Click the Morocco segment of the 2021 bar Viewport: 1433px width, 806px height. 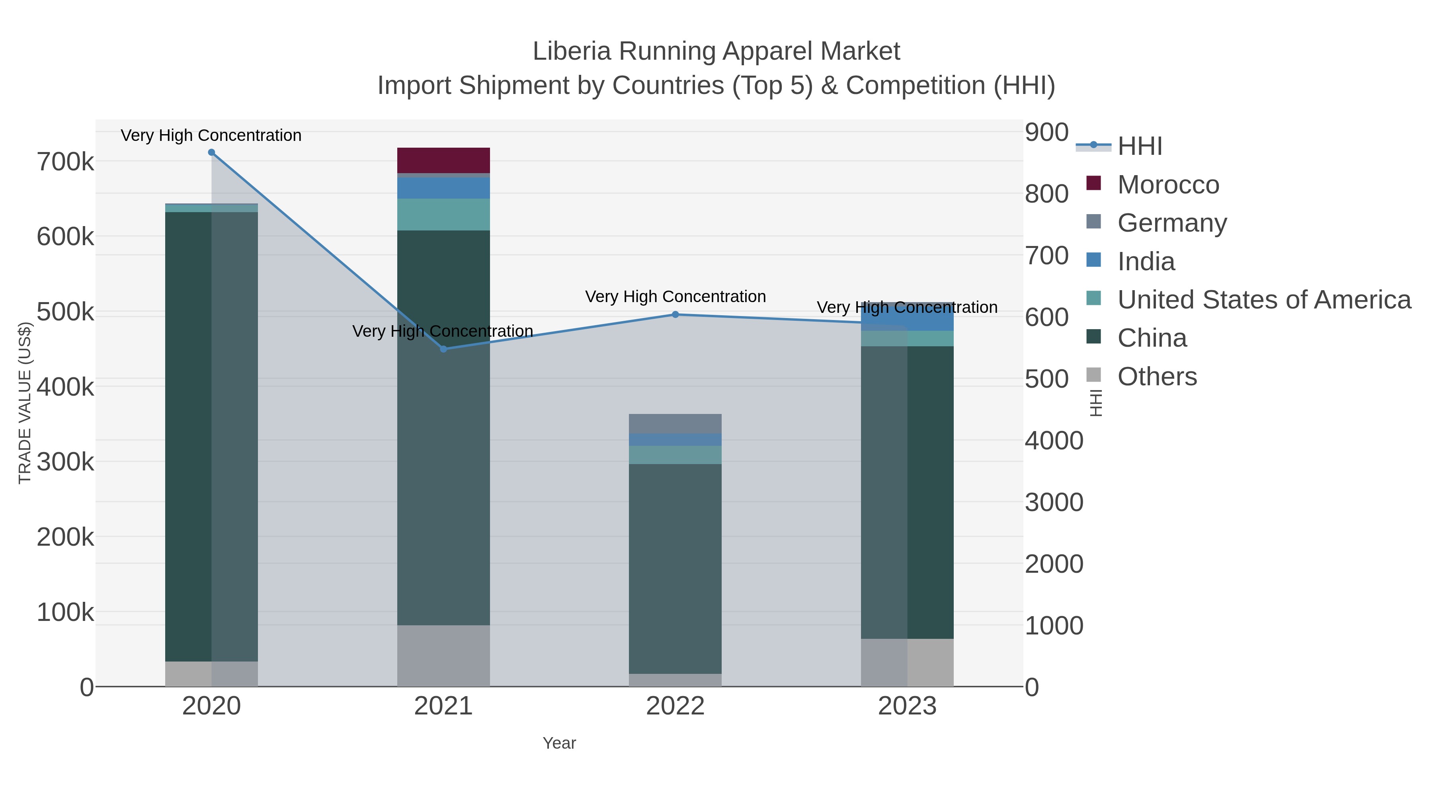tap(443, 160)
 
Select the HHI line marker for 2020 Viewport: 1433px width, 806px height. tap(211, 152)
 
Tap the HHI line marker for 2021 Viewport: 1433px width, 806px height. tap(443, 349)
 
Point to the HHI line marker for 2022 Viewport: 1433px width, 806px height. tap(676, 314)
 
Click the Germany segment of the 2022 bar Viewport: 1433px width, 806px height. tap(676, 423)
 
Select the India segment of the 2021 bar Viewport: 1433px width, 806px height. tap(443, 188)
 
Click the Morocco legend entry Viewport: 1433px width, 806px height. tap(1168, 185)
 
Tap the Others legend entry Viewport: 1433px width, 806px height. tap(1157, 377)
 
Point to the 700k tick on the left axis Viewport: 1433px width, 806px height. tap(66, 162)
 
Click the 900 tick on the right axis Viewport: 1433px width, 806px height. tap(1046, 133)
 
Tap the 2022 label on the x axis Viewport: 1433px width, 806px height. tap(676, 706)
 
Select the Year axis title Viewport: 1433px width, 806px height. tap(559, 743)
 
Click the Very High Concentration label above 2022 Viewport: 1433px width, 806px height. tap(676, 297)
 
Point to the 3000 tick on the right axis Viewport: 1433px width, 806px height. tap(1054, 502)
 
